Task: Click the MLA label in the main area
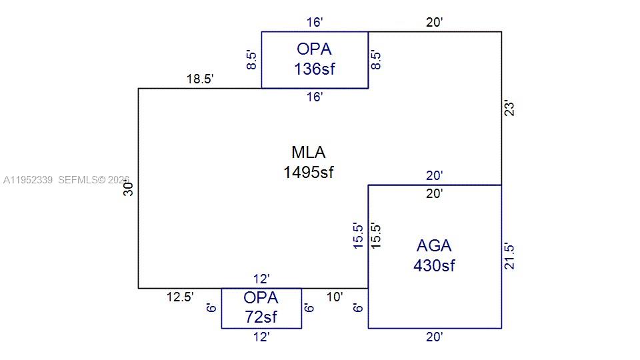point(308,152)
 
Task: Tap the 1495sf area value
point(308,172)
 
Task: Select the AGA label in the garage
point(434,245)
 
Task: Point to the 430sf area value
point(434,265)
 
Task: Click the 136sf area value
point(315,68)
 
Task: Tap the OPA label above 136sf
point(315,49)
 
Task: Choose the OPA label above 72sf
point(261,297)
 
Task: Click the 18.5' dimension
point(200,79)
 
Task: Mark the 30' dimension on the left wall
point(129,188)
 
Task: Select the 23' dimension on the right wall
point(510,108)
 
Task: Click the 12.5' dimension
point(180,297)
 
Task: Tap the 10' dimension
point(335,297)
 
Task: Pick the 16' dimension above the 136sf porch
point(315,23)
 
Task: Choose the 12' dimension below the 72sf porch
point(261,337)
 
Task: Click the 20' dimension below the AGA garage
point(435,337)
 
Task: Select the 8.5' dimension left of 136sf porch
point(251,60)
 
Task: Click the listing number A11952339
point(28,180)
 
